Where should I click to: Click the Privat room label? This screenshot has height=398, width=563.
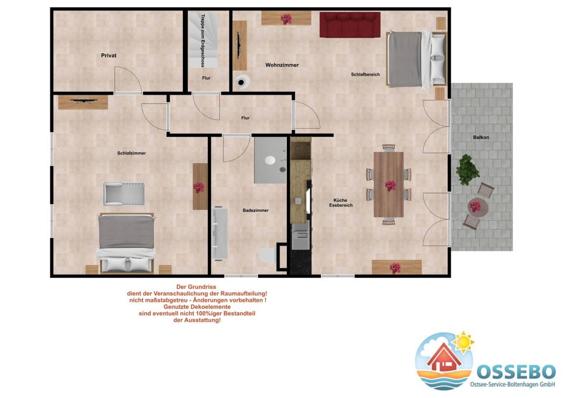coord(108,56)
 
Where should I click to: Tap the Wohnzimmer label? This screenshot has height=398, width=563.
coord(282,65)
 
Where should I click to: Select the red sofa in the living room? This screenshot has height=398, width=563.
coord(350,24)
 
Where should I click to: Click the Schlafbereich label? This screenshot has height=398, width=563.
coord(365,75)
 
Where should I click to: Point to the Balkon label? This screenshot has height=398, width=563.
coord(481,137)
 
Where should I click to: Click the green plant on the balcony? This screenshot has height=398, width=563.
coord(467,169)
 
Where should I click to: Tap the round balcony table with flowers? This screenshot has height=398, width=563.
coord(477,207)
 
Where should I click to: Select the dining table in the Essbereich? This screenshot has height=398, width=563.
coord(389,185)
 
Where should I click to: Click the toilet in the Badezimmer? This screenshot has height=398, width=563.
coord(267,256)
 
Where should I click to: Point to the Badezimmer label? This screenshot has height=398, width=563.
coord(255,210)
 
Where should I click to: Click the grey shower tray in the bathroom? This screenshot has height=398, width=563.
coord(270,160)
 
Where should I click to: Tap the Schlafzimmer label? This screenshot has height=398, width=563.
coord(131,153)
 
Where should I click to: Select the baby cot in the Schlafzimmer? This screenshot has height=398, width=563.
coord(124,194)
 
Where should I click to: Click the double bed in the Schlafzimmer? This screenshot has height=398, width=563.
coord(126,243)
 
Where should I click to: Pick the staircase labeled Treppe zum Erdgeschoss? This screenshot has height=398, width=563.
coord(204,41)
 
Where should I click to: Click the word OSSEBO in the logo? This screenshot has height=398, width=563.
coord(516,372)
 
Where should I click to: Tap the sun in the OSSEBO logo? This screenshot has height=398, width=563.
coord(463,342)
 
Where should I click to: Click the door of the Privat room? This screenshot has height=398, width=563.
coord(128,80)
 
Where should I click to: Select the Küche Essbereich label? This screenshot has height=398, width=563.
coord(340,203)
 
